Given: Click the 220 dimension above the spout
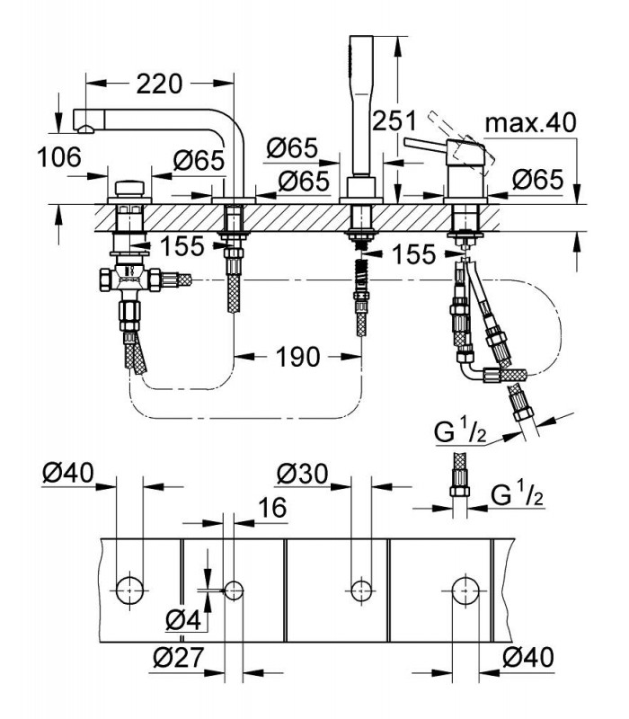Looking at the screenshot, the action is (159, 84).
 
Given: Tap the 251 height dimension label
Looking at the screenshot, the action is (394, 121).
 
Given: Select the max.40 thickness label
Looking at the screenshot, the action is (530, 123).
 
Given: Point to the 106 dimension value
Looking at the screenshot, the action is (59, 157).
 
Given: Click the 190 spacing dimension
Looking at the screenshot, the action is (297, 357).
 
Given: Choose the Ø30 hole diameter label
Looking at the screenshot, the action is (303, 474).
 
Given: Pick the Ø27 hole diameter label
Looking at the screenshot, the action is (177, 658).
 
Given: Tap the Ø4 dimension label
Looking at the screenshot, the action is (183, 621).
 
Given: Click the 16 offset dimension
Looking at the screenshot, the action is (272, 507).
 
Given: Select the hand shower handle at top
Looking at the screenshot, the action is (361, 105).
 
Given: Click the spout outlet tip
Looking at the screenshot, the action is (85, 129).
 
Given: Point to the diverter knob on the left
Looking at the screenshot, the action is (129, 189).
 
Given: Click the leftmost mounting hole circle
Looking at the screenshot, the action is (129, 590).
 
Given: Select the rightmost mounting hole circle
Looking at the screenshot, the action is (465, 591).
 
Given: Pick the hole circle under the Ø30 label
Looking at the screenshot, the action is (361, 591).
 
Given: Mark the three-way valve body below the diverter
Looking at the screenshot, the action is (130, 279).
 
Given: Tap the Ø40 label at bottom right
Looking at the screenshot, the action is (528, 658).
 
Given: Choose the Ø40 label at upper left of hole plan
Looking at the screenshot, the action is (68, 473).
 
